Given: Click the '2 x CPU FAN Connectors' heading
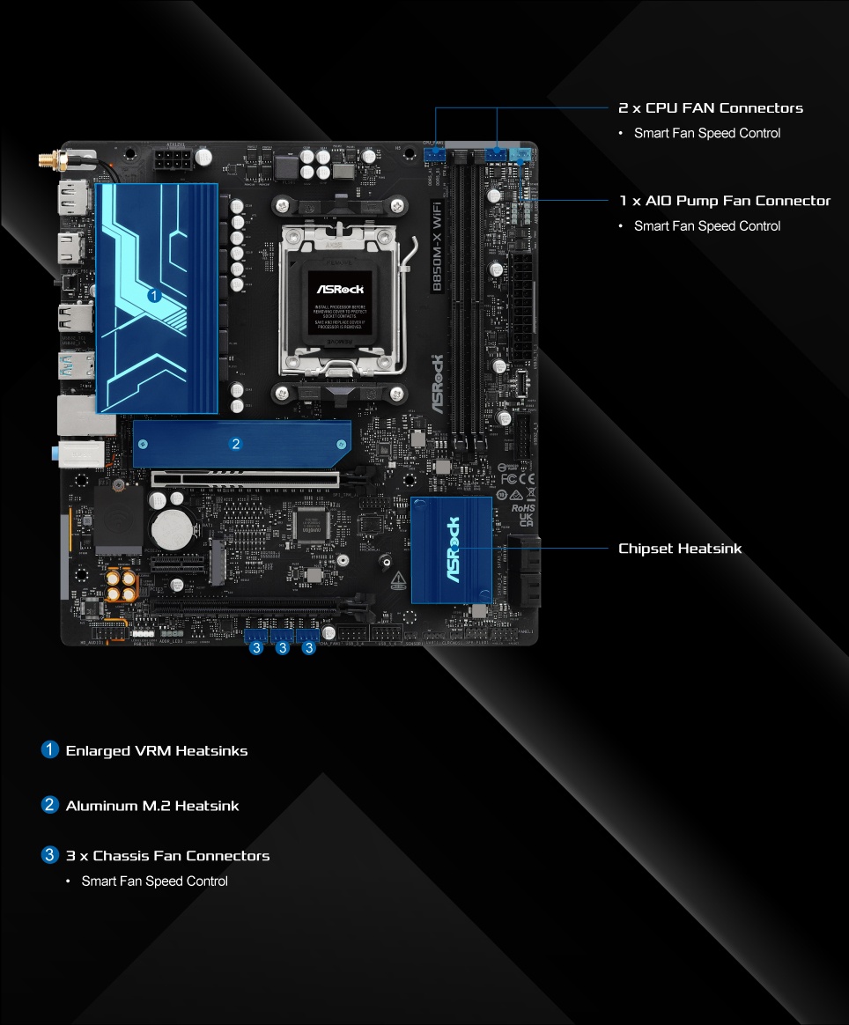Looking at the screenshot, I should pos(711,108).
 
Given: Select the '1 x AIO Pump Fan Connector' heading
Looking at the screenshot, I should pos(724,201).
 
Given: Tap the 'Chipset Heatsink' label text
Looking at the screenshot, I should pos(680,549).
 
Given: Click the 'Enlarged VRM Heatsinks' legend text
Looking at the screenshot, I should pos(157,751).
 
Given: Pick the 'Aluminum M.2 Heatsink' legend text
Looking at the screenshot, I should pos(152,806).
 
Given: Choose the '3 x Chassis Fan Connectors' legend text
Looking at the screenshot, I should pos(167,856).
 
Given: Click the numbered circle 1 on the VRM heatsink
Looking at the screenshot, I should pos(154,296).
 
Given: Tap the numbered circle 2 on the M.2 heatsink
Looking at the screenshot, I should pos(235,443).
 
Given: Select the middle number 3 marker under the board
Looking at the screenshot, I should pos(282,648).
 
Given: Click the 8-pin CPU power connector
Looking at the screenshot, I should pos(174,161).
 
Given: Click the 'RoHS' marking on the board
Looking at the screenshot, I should pos(523,508).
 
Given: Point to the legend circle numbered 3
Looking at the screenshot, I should pos(49,855).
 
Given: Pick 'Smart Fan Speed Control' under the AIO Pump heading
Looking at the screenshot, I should pos(707,226).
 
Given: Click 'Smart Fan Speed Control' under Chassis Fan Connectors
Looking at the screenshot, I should pos(155,881).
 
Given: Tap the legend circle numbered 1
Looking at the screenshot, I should pos(49,750).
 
